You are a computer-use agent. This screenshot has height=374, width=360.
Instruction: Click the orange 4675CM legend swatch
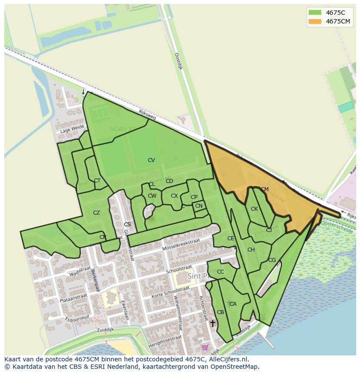point(314,21)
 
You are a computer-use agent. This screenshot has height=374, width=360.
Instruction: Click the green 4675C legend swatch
point(314,12)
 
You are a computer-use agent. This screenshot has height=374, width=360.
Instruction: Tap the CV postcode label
point(151,160)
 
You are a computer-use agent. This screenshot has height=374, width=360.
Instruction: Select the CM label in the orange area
point(265,189)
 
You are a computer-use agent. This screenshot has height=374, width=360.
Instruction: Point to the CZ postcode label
point(97,213)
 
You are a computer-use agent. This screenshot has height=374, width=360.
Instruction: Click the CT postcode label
point(97,181)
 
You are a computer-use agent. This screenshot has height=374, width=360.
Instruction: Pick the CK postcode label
point(254,209)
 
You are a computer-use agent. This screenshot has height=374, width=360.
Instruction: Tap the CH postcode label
point(251,250)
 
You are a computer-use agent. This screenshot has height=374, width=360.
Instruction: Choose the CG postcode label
point(272,260)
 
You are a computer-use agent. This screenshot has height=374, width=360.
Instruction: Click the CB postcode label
point(220,312)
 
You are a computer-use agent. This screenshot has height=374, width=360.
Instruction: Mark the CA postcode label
point(233,304)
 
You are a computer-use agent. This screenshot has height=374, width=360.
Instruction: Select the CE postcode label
point(230,238)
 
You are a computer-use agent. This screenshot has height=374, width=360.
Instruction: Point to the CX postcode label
point(174,196)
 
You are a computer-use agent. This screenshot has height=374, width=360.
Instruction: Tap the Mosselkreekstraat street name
point(181,245)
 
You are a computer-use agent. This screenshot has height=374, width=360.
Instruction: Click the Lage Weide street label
point(72,129)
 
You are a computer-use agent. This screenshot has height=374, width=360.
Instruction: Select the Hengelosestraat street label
point(165,341)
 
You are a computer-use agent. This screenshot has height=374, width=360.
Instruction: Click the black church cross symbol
point(213,323)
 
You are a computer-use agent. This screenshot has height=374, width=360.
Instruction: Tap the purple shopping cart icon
point(205,347)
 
